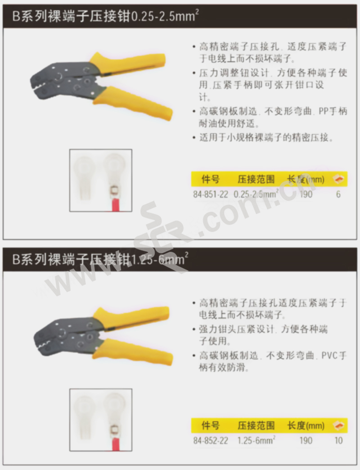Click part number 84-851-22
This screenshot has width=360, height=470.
point(211,194)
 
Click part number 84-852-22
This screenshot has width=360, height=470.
point(211,441)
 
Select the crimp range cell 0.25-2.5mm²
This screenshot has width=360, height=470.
point(256,194)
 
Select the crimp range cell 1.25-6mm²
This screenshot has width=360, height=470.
point(256,440)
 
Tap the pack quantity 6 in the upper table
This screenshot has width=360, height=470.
point(338,194)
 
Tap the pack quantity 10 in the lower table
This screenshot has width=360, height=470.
point(338,441)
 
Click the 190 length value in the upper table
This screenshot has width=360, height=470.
point(306,194)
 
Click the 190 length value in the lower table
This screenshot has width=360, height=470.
point(306,441)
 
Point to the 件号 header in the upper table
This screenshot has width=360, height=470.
point(210,179)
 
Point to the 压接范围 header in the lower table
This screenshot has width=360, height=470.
point(256,425)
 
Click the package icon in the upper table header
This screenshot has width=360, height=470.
point(339,179)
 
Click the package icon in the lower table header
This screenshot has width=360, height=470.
point(339,425)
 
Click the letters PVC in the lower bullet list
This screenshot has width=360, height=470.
point(329,356)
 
